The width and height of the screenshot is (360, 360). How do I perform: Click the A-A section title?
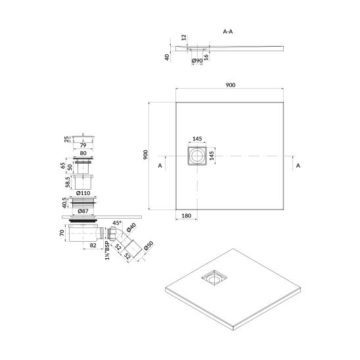(x=228, y=32)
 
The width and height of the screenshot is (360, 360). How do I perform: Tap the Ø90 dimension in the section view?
(x=197, y=60)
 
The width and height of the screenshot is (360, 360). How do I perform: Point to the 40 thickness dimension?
(x=168, y=57)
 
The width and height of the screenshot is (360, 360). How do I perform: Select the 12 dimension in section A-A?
(x=184, y=37)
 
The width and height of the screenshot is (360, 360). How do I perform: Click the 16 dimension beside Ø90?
(x=206, y=57)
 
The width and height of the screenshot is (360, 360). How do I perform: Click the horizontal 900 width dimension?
(x=231, y=85)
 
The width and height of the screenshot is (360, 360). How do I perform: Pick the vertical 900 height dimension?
(x=145, y=155)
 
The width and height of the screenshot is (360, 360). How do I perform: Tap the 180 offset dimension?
(x=187, y=215)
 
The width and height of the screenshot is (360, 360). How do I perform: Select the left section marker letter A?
(x=160, y=166)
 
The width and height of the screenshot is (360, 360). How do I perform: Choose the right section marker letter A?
(x=298, y=166)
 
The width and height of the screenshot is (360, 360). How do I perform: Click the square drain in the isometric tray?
(x=214, y=278)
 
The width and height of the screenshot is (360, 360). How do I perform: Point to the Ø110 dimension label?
(x=83, y=193)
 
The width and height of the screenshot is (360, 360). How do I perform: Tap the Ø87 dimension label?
(x=83, y=211)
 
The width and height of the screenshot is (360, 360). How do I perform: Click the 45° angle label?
(x=117, y=223)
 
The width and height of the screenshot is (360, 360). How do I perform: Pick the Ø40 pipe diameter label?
(x=131, y=227)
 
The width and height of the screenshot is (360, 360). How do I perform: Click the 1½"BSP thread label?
(x=108, y=250)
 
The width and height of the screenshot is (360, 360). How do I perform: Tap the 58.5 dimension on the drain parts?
(x=68, y=182)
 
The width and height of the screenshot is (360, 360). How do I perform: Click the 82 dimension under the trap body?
(x=93, y=245)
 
